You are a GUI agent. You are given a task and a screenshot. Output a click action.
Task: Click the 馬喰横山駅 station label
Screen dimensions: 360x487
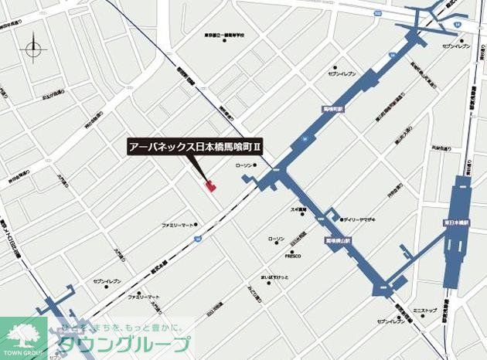tap(338, 241)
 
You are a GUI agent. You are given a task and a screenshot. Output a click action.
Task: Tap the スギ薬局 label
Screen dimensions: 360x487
tap(298, 209)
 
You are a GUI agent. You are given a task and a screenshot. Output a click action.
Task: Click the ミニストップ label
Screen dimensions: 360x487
tap(424, 310)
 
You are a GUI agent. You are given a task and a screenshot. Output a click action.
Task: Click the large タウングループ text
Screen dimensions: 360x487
tap(124, 345)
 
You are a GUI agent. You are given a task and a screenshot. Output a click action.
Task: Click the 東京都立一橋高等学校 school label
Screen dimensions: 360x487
tap(224, 36)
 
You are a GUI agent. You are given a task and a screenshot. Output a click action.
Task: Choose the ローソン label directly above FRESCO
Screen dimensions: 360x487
tap(276, 239)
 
